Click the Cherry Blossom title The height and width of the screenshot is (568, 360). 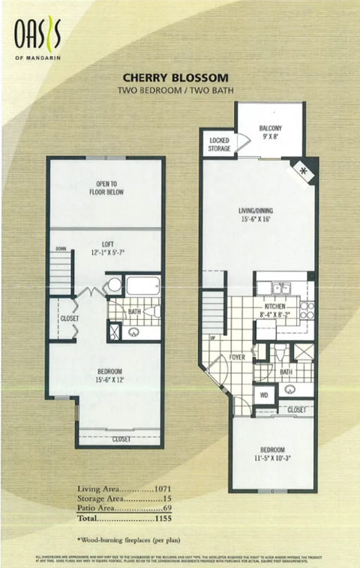coord(175,77)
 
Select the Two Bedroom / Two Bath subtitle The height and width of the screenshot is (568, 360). coord(175,90)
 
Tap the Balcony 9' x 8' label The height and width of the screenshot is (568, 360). coord(270,132)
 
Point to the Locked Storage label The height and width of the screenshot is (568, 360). coord(219,145)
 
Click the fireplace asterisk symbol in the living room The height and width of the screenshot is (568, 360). coord(304,171)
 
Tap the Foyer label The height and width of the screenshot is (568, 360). coord(238,357)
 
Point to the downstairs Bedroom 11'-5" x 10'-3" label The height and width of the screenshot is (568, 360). coord(271,454)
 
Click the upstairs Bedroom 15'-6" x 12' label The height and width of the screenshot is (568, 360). coord(109,375)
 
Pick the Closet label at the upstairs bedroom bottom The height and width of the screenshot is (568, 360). coord(121,440)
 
